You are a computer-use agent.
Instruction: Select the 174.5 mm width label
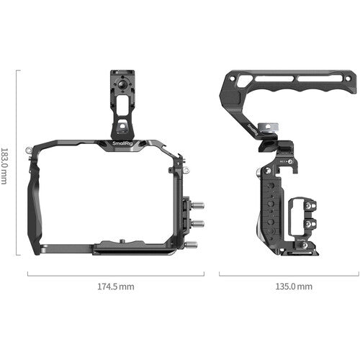click(115, 287)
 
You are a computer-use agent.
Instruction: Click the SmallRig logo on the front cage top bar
click(123, 146)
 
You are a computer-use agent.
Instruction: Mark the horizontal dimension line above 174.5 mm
click(115, 274)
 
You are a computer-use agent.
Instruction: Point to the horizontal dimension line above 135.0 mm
click(289, 274)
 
